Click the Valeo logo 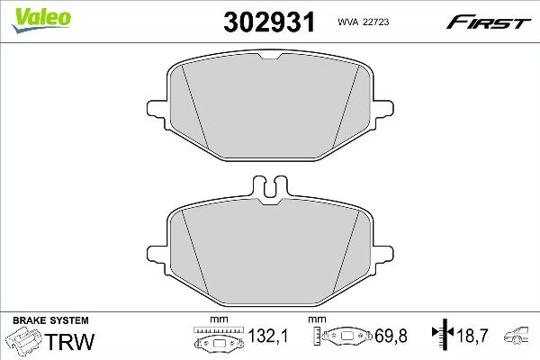click(41, 21)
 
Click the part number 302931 click(269, 22)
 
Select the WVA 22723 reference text click(364, 22)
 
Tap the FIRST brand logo click(489, 22)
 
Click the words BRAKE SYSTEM click(50, 320)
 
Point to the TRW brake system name click(69, 341)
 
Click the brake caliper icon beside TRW click(24, 339)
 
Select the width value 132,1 click(267, 336)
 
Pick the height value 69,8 click(391, 336)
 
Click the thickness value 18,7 click(472, 335)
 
